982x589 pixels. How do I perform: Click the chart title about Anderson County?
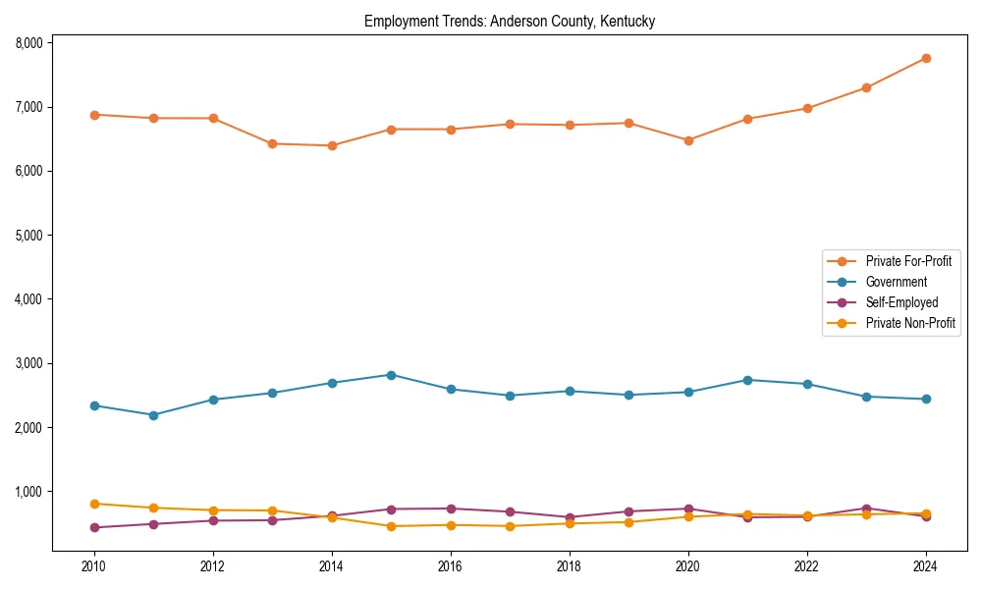pos(510,21)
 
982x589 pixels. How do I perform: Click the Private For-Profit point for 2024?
pos(926,58)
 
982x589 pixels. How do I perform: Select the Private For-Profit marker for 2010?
pos(94,115)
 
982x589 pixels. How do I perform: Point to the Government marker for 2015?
pos(391,375)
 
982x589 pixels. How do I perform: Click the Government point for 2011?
pos(154,415)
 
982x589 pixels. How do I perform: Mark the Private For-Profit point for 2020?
pos(688,140)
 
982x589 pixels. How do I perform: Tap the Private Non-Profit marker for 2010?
pos(94,504)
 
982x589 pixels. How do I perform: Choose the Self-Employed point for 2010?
pos(94,527)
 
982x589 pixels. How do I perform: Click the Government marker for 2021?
pos(747,380)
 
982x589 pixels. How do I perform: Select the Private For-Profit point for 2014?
pos(332,145)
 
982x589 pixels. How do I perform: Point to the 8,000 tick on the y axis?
pos(28,43)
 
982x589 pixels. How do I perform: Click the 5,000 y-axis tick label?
pos(28,236)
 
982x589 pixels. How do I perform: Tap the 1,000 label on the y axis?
pos(28,492)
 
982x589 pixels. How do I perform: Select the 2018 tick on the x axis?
pos(570,566)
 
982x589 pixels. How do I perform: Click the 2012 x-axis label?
pos(213,566)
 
